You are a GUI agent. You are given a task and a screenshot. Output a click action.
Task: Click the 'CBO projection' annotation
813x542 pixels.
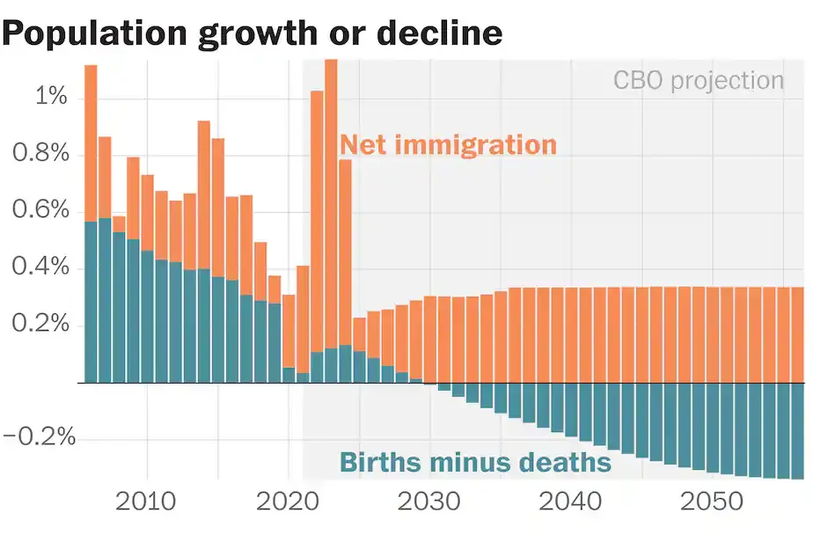698,81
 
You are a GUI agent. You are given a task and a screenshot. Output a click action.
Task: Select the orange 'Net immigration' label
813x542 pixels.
448,144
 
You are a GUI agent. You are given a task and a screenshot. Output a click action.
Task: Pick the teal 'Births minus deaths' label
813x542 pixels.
475,462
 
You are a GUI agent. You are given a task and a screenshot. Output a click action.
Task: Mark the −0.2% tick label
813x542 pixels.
40,438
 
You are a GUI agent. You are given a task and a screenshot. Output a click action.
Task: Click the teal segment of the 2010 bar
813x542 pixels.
147,317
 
